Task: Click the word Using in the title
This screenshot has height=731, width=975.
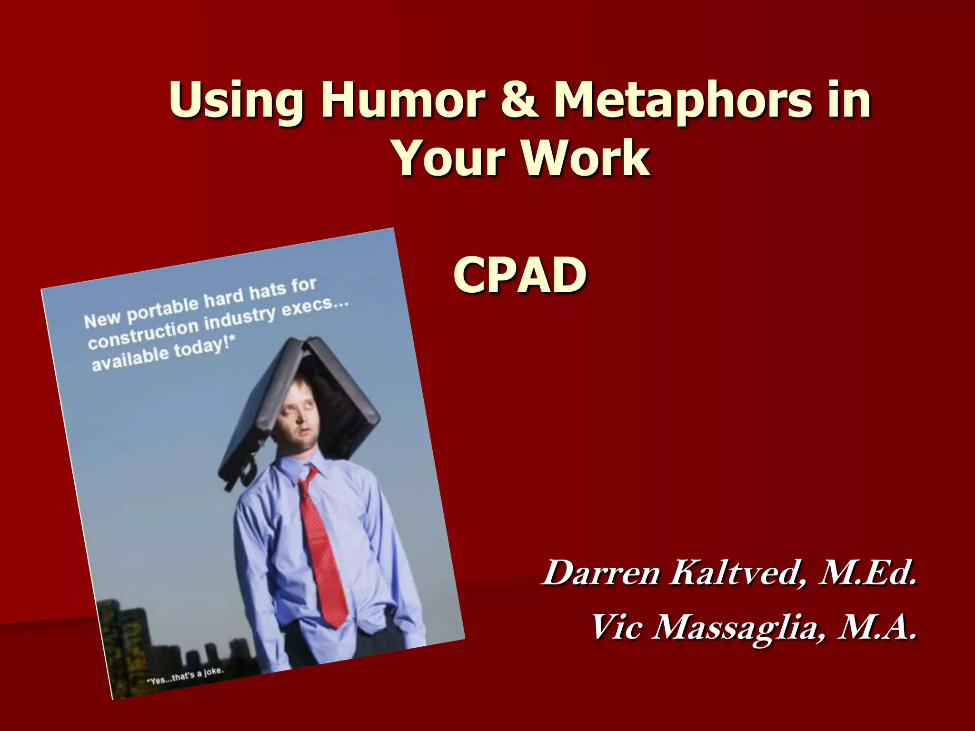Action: (x=236, y=101)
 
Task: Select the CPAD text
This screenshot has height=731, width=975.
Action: (x=520, y=275)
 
